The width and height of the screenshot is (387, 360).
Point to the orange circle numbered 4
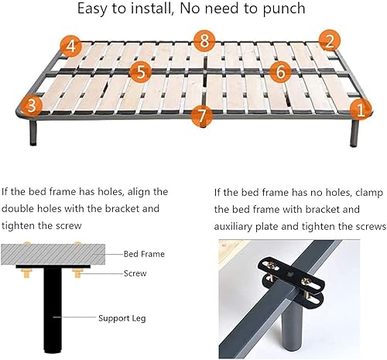point(70,46)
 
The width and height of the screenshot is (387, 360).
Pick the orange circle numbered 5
point(139,72)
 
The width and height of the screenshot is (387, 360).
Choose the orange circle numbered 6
point(280,71)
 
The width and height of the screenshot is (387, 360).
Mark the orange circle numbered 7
point(202,115)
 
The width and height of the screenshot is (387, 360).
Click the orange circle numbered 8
point(204,39)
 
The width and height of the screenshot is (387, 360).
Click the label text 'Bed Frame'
point(144,253)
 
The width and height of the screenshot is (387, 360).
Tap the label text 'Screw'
point(136,273)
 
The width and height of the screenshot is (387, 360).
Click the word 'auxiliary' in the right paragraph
point(245,227)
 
